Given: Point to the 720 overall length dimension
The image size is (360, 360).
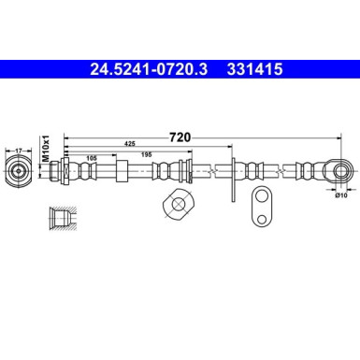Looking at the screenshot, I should pos(180,137).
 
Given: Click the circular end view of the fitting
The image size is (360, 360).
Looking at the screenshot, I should pos(21,172).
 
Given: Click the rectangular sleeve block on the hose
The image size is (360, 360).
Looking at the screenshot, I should pos(122,172).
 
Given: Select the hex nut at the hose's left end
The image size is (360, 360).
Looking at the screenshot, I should pos(65,172).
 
